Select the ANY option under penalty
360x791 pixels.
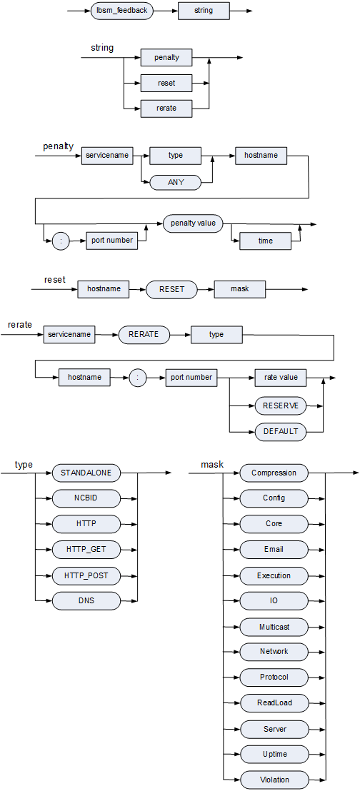click(x=176, y=182)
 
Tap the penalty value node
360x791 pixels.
click(x=193, y=223)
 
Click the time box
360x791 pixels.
click(x=265, y=241)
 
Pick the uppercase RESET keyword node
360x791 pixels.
click(x=171, y=289)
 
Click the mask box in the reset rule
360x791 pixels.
click(x=240, y=289)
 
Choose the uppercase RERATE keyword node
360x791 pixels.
click(x=144, y=334)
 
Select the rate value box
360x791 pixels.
click(x=281, y=377)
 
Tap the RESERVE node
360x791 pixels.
click(x=281, y=405)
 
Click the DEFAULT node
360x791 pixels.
click(x=281, y=431)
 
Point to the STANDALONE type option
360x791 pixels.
click(x=86, y=473)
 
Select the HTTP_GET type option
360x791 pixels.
click(x=86, y=549)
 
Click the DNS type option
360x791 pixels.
click(x=86, y=601)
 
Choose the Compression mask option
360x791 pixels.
click(x=274, y=473)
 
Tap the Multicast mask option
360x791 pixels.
click(x=274, y=627)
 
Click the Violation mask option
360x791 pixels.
click(x=274, y=780)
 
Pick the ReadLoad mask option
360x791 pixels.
click(x=274, y=702)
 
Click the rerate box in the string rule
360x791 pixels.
click(x=166, y=108)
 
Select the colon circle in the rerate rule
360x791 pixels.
click(x=138, y=377)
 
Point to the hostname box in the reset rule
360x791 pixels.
click(x=104, y=289)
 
